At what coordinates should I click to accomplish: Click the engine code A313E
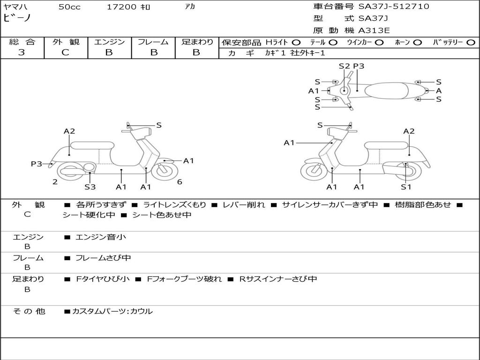point(374,30)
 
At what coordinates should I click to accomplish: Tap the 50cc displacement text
point(69,7)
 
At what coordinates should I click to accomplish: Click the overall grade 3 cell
point(22,52)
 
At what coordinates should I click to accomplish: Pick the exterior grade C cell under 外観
point(66,52)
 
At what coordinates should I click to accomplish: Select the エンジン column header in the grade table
point(109,42)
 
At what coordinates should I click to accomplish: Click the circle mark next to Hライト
point(296,42)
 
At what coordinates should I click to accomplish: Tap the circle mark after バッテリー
point(471,42)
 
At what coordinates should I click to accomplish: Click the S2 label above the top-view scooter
point(345,66)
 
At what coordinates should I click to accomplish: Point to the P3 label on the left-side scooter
point(37,164)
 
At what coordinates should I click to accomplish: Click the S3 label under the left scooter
point(90,187)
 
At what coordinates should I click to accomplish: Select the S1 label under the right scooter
point(406,187)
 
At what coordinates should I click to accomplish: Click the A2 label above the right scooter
point(409,131)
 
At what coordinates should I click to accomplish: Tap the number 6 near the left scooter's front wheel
point(180,181)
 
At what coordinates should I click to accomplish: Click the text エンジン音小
point(101,237)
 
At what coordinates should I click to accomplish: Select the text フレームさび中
point(103,258)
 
